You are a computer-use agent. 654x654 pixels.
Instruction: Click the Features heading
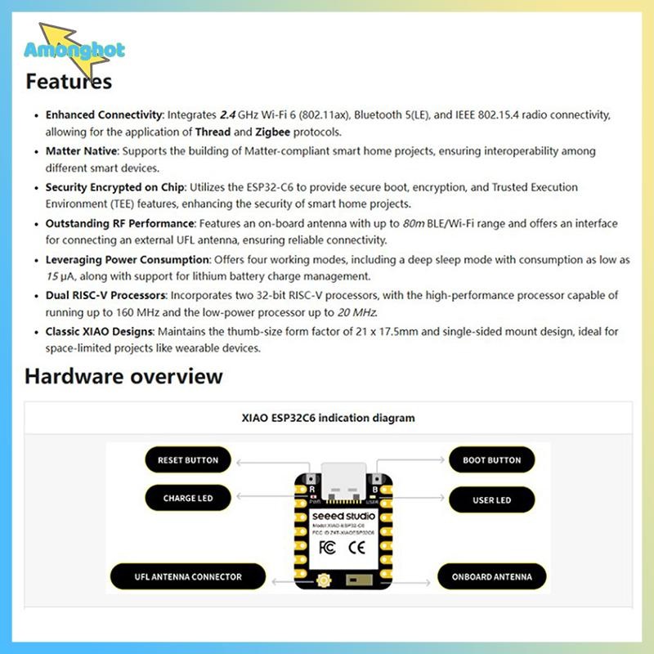[x=69, y=82]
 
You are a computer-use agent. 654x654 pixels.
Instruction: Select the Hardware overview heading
[x=123, y=376]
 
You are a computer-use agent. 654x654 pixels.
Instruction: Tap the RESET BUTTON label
[x=188, y=460]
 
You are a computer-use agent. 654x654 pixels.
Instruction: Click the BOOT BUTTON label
[x=492, y=460]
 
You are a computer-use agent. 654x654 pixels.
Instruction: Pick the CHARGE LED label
[x=188, y=498]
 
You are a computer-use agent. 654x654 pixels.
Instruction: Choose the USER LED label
[x=492, y=499]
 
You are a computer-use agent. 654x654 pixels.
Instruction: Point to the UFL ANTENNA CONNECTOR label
[x=188, y=577]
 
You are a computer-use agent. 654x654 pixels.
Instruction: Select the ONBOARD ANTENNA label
[x=492, y=577]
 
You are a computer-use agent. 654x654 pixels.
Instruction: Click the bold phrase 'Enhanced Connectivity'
[x=105, y=115]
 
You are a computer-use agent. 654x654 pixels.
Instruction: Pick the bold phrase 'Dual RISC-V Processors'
[x=106, y=295]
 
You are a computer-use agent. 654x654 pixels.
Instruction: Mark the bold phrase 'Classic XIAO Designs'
[x=99, y=332]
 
